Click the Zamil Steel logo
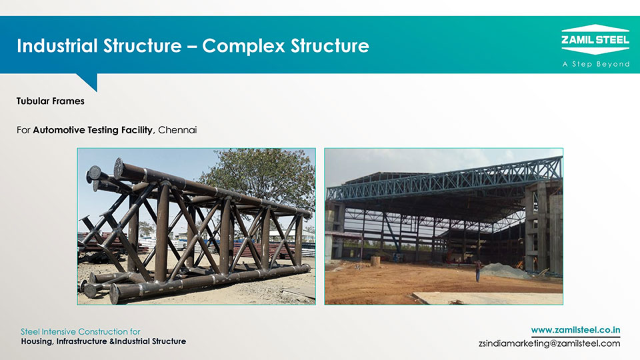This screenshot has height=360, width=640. point(595,39)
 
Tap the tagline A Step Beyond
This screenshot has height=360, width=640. point(596,64)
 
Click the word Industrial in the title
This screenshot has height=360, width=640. point(57,45)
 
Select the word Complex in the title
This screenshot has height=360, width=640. point(244,46)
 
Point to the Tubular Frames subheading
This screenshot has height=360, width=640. point(50,101)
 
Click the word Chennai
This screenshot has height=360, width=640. point(177,130)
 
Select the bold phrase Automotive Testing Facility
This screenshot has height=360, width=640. point(93,130)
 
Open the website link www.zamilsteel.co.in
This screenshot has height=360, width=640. point(575,330)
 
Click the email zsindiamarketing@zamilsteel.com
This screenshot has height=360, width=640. point(549,343)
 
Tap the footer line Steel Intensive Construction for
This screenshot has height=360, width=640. point(81,331)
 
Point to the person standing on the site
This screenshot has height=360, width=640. point(478,271)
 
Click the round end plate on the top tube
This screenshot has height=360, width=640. point(119,169)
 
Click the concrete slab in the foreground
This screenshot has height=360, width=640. point(486,298)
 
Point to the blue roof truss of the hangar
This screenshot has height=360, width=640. point(445,180)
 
